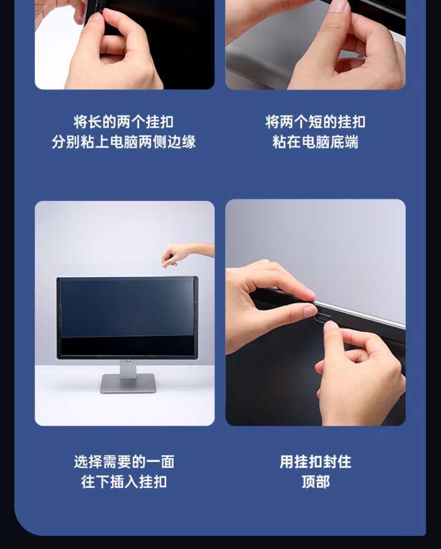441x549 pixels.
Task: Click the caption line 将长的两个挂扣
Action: [124, 122]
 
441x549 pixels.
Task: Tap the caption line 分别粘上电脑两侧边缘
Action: [124, 142]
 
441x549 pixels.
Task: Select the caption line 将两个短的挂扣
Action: [315, 122]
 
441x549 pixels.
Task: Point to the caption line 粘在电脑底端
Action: [315, 142]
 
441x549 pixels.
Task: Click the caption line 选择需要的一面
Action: [124, 462]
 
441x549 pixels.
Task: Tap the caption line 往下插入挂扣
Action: [124, 482]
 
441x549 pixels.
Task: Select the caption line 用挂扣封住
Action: [315, 462]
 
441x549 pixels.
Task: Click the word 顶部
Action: [315, 482]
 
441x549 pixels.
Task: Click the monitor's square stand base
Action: [128, 383]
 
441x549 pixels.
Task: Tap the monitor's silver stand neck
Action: [128, 367]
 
